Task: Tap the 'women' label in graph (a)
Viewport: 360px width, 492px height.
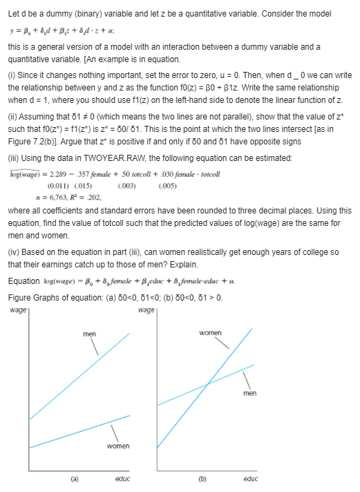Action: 118,447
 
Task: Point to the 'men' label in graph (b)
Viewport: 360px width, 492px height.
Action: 250,394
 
